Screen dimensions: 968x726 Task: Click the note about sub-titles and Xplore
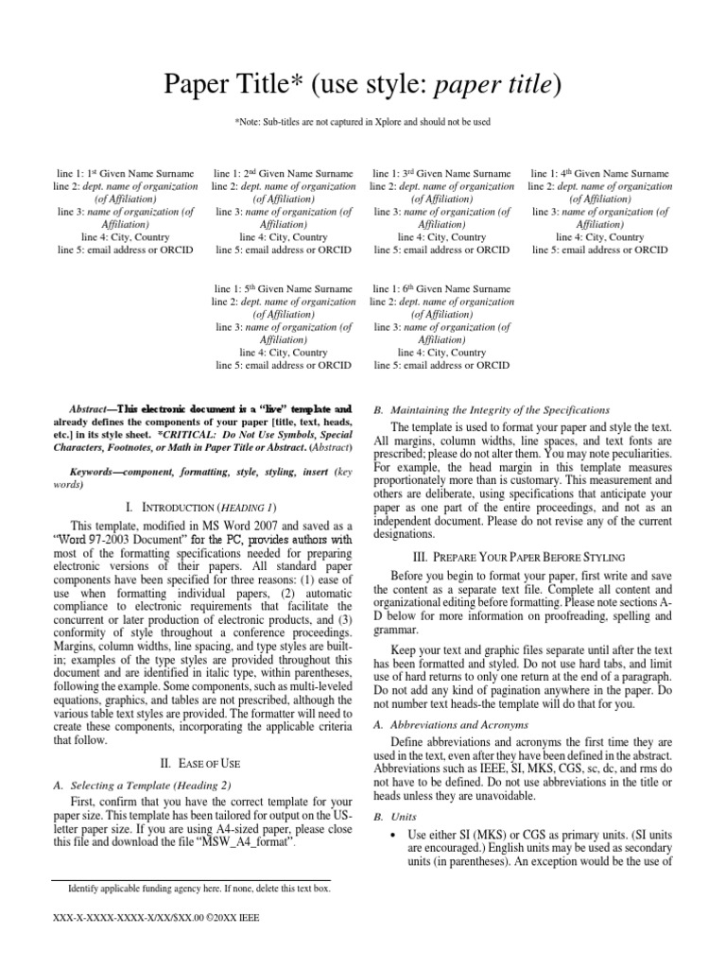point(362,122)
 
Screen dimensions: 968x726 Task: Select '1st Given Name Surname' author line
point(126,174)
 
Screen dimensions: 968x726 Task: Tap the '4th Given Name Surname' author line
point(600,174)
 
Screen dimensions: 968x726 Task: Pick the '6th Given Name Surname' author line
point(441,288)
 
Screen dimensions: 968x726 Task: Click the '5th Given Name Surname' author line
point(284,288)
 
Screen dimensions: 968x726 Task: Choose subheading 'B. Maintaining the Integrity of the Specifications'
point(492,409)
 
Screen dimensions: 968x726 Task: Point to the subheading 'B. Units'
point(391,815)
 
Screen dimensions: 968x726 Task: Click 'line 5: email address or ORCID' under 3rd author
point(441,251)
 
